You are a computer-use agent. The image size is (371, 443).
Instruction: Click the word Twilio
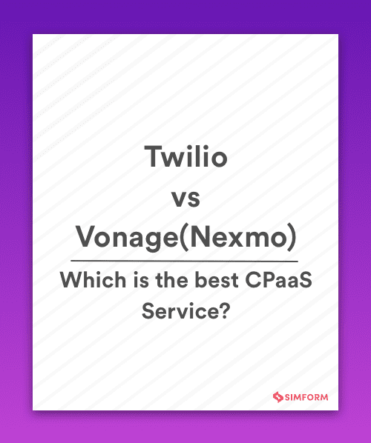pyautogui.click(x=185, y=158)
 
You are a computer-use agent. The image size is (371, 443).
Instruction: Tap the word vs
pyautogui.click(x=185, y=199)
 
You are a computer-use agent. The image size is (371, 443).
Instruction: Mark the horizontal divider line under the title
pyautogui.click(x=184, y=261)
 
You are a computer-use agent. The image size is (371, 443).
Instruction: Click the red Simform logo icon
pyautogui.click(x=280, y=397)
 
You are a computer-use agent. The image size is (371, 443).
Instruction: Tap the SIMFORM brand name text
pyautogui.click(x=307, y=397)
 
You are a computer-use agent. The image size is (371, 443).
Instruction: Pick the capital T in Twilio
pyautogui.click(x=151, y=158)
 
